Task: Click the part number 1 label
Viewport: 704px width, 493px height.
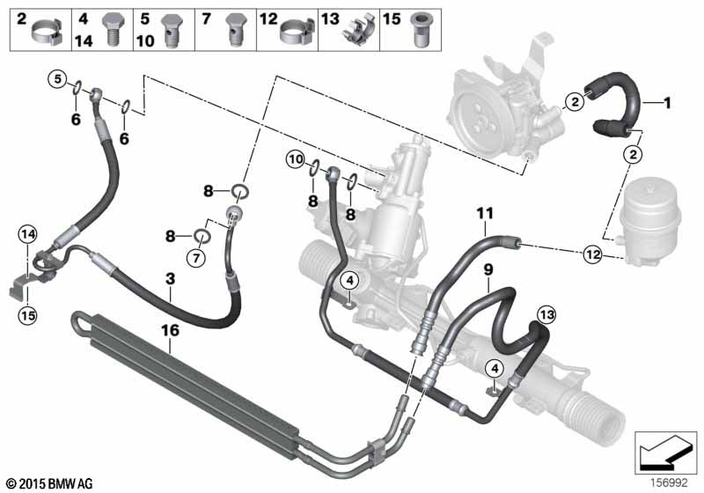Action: tap(667, 103)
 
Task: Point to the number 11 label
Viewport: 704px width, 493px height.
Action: tap(485, 212)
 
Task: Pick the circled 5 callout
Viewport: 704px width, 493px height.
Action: tap(55, 79)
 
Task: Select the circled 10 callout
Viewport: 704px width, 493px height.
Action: tap(295, 159)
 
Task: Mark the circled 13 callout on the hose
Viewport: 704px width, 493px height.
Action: tap(546, 315)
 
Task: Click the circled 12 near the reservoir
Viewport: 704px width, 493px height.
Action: tap(592, 255)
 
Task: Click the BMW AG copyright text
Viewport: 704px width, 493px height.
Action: tap(49, 482)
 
